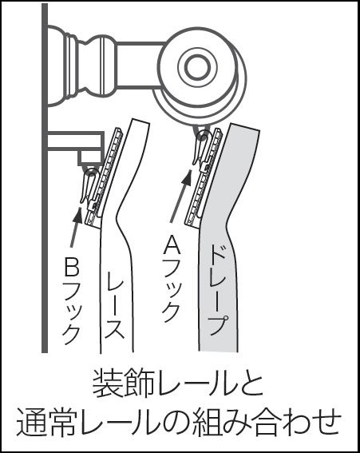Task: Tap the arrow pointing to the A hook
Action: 180,196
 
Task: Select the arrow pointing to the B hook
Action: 75,226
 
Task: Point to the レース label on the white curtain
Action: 115,304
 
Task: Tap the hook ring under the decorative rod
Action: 203,136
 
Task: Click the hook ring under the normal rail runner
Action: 91,173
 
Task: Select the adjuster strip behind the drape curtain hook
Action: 204,177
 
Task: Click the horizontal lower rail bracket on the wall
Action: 76,141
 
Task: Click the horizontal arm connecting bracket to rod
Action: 140,64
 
